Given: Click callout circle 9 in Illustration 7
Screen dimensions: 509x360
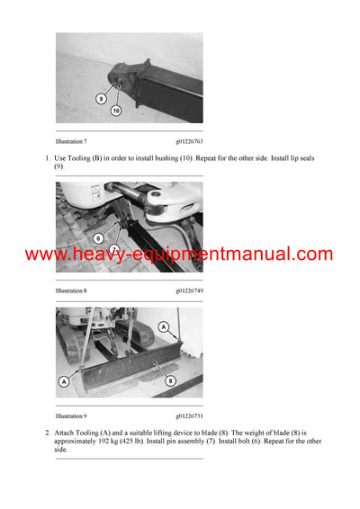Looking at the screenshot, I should tap(102, 98).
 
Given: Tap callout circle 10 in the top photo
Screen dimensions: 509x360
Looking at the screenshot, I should tap(116, 110).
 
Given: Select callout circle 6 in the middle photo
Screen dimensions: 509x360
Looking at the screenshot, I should tap(97, 237).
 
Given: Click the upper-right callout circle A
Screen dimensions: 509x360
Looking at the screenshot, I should tap(163, 327).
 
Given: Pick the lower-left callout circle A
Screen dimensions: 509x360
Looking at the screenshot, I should tap(64, 381).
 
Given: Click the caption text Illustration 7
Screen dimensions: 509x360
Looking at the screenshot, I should tap(71, 141).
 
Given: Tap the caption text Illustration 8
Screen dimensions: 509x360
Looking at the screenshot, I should tap(71, 291).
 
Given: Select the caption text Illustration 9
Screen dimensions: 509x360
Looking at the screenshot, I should tap(71, 416).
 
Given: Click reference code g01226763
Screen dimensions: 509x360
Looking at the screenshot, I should tap(188, 141).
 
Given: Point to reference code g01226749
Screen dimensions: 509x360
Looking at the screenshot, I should tap(188, 291).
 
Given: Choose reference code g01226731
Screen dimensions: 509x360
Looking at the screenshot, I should tap(188, 416).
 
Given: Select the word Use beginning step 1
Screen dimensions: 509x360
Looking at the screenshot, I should tap(63, 158).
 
